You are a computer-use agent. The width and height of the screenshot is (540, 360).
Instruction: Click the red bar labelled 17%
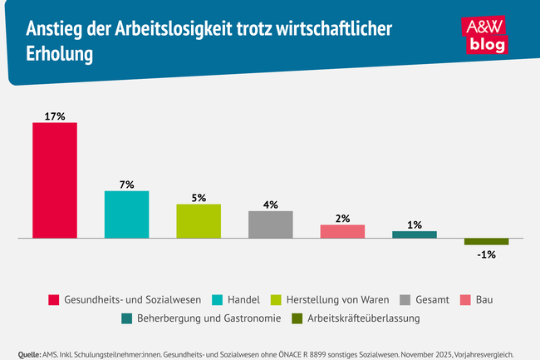tap(55, 180)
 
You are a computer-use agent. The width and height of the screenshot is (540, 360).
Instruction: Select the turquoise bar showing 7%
tap(126, 215)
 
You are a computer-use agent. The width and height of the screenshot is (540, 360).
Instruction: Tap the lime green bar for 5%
tap(199, 221)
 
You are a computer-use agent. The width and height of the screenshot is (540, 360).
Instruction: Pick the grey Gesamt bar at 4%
tap(270, 224)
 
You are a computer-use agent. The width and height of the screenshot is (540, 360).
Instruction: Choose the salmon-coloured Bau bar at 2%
tap(342, 231)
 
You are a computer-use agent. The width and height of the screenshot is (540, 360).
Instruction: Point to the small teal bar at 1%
tap(414, 234)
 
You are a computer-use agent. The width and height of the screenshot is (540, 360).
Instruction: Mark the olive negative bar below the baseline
tap(486, 242)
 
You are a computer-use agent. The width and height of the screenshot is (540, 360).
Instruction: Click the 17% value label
tap(55, 116)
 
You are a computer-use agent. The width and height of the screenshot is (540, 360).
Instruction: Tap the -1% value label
tap(486, 254)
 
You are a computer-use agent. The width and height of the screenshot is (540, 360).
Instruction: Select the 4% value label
tap(270, 204)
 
